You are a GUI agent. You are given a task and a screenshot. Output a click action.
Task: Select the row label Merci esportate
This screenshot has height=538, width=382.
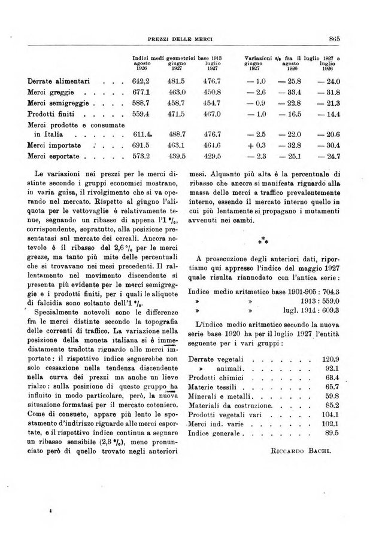(x=54, y=157)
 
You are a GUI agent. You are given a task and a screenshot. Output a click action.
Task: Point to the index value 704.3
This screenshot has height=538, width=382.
(x=328, y=292)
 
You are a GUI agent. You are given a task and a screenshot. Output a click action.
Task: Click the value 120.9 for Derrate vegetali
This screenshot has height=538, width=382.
(x=330, y=359)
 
